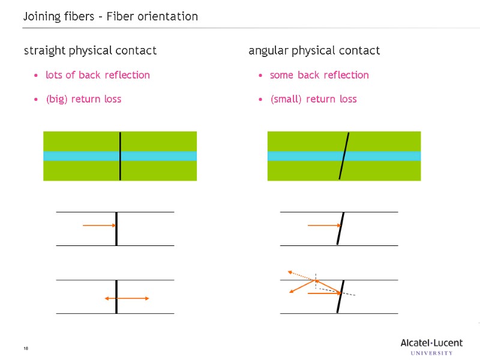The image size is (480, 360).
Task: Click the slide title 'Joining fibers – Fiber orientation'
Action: point(110,17)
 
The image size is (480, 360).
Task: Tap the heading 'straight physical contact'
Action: point(90,51)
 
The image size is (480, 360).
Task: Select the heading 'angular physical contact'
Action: point(314,51)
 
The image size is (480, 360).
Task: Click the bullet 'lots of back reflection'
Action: point(98,75)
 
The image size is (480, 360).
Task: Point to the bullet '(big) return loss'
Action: point(83,99)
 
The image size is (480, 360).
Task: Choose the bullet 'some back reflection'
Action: point(319,75)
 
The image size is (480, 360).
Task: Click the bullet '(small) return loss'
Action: point(313,99)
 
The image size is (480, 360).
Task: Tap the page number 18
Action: point(26,349)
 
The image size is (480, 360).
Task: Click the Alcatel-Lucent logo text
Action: point(431,343)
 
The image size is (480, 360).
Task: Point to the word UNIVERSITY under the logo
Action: point(432,353)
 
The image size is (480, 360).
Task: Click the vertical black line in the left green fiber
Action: point(120,156)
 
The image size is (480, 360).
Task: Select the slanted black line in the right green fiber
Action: point(344,156)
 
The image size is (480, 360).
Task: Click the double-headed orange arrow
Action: point(127,298)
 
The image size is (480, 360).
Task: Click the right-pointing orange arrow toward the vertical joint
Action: point(99,225)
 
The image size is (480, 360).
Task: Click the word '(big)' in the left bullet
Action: point(56,99)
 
